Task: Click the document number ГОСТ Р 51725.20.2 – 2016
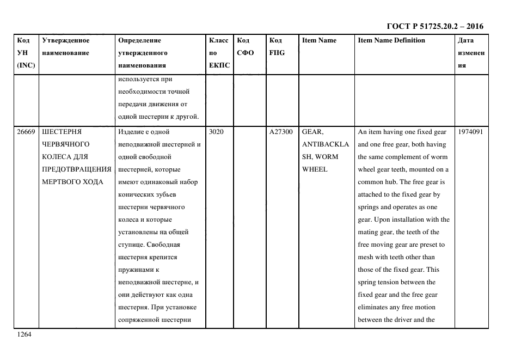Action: click(x=434, y=26)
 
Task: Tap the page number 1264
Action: click(x=24, y=334)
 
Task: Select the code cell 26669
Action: click(x=26, y=132)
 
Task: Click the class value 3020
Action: click(x=217, y=132)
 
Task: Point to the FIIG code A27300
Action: click(x=281, y=132)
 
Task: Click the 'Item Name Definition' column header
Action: click(x=391, y=40)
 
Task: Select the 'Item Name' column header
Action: click(x=319, y=40)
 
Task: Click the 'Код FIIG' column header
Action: click(x=277, y=47)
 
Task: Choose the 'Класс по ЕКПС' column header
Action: click(x=219, y=53)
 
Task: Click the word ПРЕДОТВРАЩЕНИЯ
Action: click(x=77, y=169)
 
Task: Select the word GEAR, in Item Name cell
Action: click(x=313, y=132)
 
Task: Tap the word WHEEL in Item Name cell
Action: click(x=315, y=169)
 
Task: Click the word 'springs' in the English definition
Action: click(x=370, y=207)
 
